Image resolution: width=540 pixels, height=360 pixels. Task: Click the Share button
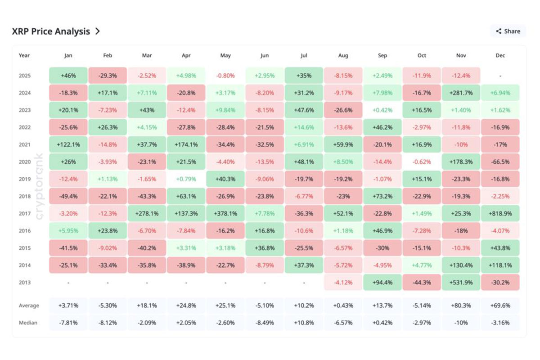point(508,31)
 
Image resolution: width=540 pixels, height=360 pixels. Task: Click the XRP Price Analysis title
point(51,31)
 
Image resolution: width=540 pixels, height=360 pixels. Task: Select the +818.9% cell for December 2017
point(500,213)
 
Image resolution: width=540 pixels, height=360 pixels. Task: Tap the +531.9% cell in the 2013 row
point(461,282)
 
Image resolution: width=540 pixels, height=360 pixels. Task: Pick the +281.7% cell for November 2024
point(461,93)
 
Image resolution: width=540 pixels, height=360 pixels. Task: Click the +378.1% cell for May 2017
point(225,213)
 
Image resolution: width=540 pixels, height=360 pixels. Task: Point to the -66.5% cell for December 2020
point(500,162)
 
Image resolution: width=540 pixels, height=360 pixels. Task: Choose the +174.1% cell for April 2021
point(186,144)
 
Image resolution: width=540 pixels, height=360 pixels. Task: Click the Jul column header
point(304,56)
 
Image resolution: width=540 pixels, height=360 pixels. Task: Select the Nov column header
point(461,56)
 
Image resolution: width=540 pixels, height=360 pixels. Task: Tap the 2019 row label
point(25,179)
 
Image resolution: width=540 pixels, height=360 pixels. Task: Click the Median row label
point(28,323)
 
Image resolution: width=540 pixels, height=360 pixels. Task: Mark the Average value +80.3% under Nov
point(461,306)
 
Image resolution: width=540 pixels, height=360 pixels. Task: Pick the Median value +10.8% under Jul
point(304,323)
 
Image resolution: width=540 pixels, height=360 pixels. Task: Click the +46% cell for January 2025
point(68,76)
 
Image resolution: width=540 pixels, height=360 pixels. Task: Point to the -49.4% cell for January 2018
point(68,196)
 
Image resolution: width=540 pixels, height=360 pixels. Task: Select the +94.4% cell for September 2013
point(382,282)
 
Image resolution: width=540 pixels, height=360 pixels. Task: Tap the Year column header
point(24,56)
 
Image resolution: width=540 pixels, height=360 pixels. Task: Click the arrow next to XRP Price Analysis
point(98,31)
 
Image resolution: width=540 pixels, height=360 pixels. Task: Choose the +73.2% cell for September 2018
point(382,196)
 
